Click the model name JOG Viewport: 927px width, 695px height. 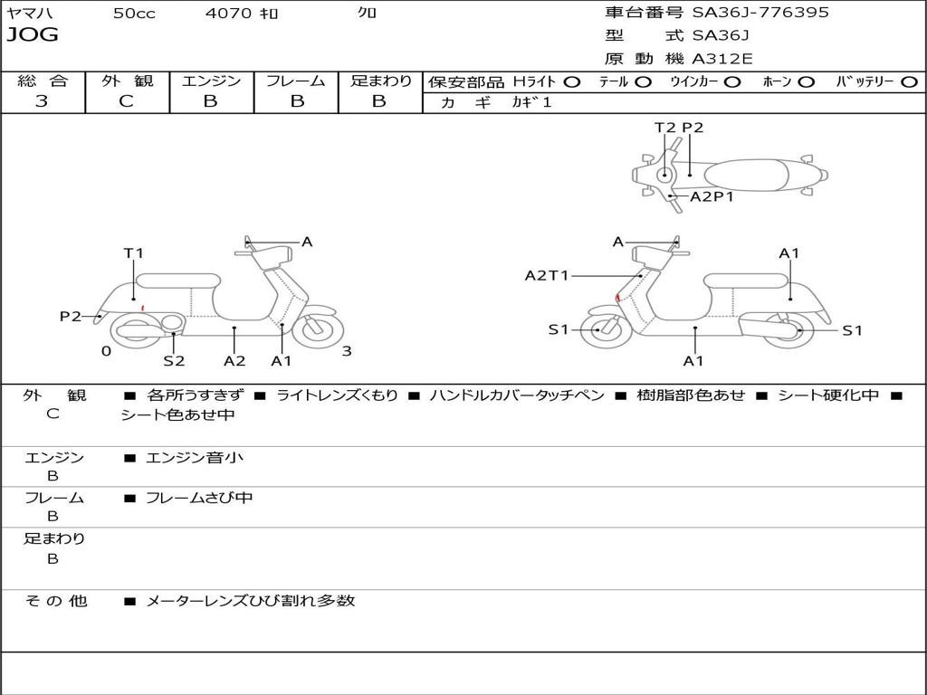pos(32,35)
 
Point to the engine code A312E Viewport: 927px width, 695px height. pos(722,59)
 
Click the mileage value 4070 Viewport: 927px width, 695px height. pos(229,14)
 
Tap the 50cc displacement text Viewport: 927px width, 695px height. pos(134,14)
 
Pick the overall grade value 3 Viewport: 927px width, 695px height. pos(42,101)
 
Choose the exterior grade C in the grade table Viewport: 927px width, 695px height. pos(127,101)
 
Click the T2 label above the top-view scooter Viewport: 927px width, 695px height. pos(665,128)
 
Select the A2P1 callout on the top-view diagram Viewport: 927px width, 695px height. pos(712,196)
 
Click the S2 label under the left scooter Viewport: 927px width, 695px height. pos(174,360)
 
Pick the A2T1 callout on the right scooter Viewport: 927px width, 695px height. pos(547,275)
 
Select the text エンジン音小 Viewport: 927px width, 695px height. pos(195,458)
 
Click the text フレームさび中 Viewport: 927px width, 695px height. pos(199,498)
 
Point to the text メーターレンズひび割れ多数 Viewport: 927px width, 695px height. pos(250,600)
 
